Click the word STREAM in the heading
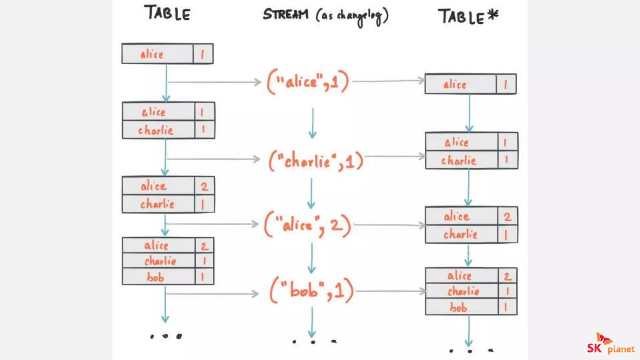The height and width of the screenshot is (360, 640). click(x=285, y=14)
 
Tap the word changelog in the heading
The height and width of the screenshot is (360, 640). click(x=359, y=16)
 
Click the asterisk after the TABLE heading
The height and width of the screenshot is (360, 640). click(x=493, y=15)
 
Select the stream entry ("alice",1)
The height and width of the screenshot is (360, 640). click(x=307, y=82)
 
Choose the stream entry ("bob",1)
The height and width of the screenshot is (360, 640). click(x=312, y=291)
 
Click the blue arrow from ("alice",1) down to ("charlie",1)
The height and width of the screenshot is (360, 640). click(x=312, y=123)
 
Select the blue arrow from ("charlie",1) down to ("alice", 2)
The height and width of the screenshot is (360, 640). click(x=311, y=193)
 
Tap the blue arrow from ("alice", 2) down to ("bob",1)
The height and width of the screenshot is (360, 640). click(x=312, y=258)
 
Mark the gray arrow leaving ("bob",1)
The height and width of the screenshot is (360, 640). click(x=391, y=291)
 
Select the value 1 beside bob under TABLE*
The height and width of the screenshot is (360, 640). click(x=506, y=307)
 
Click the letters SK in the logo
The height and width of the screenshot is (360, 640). click(x=594, y=348)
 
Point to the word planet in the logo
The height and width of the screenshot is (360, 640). click(x=621, y=349)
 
